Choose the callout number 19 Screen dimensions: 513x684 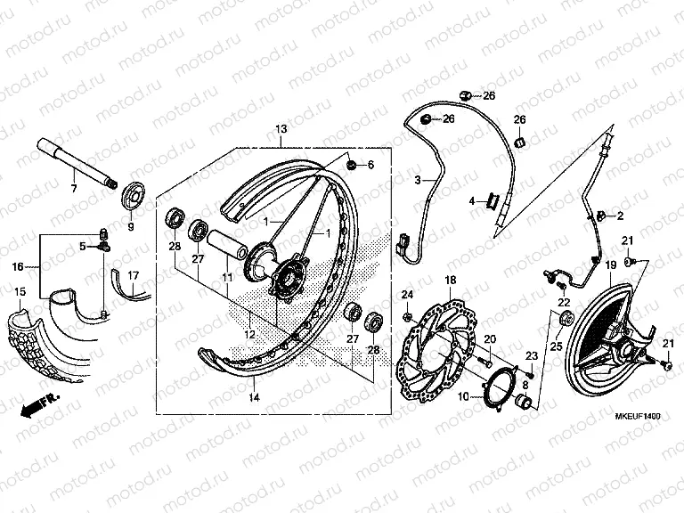tap(611, 265)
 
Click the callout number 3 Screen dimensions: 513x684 tap(417, 180)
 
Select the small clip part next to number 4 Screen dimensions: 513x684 tap(489, 201)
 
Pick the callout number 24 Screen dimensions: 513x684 tap(407, 295)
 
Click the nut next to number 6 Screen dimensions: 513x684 tap(378, 165)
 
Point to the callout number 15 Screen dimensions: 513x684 tap(20, 292)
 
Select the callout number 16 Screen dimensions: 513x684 tap(17, 265)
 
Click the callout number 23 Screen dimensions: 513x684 tap(533, 356)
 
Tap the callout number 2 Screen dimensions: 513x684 tap(621, 216)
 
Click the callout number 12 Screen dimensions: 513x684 tap(250, 334)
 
